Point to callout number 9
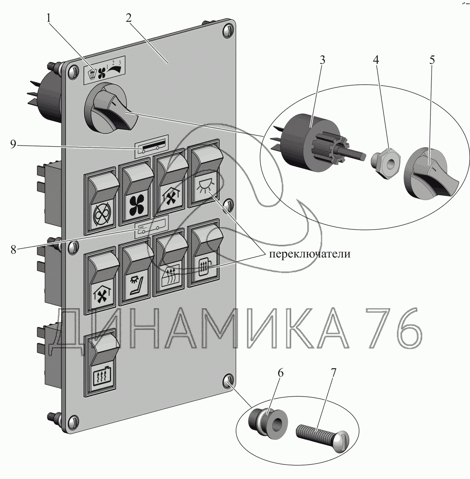[13, 145]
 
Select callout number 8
[13, 249]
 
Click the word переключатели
[309, 254]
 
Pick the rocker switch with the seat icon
[136, 272]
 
